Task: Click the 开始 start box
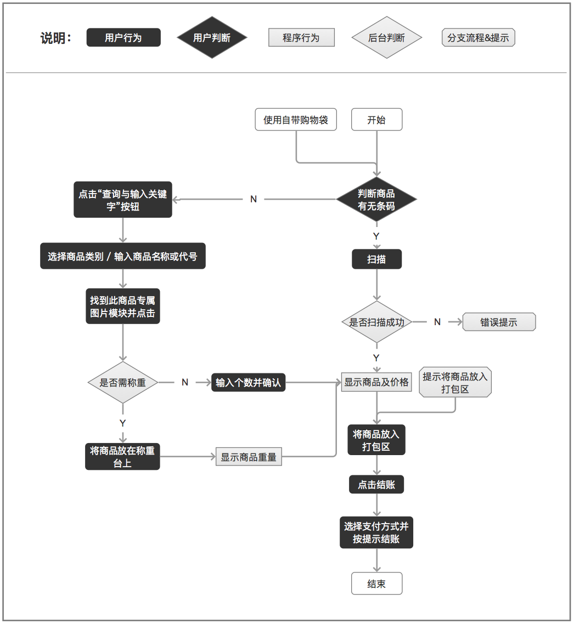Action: [x=376, y=120]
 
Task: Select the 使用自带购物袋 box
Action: [x=296, y=120]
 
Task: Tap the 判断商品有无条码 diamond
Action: [x=376, y=200]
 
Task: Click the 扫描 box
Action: [x=376, y=259]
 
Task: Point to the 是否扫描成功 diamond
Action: [x=376, y=322]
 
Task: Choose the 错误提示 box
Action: [x=499, y=322]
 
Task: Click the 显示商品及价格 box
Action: [x=376, y=382]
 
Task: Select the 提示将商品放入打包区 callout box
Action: [x=455, y=383]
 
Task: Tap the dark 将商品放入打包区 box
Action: [x=376, y=440]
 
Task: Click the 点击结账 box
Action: [x=376, y=485]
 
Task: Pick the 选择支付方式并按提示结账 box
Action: [x=376, y=532]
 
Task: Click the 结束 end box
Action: [x=376, y=583]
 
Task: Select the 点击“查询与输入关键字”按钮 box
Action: [x=122, y=200]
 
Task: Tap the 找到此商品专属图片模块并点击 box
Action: [x=122, y=307]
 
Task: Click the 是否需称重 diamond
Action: [x=122, y=382]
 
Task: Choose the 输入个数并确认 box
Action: [x=248, y=382]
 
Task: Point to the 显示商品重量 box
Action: [x=249, y=457]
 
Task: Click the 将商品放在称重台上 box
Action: [x=122, y=457]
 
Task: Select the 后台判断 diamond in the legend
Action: [x=386, y=38]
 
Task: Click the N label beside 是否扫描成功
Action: [x=437, y=322]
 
